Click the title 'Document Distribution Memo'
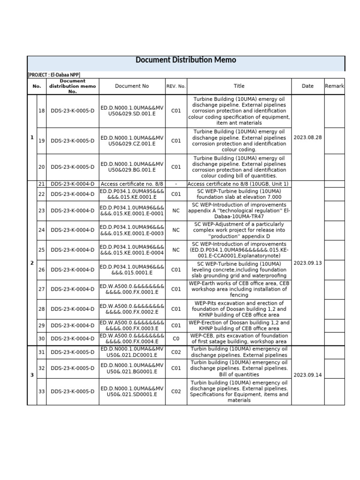click(x=186, y=60)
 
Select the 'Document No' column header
click(x=132, y=86)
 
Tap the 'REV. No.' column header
click(x=176, y=86)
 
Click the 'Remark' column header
click(x=334, y=86)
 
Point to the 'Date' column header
click(x=307, y=86)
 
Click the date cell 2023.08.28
click(x=307, y=137)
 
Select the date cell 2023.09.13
click(x=307, y=263)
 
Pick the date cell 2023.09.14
click(x=307, y=375)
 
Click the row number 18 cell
click(x=41, y=111)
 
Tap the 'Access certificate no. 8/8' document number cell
click(x=132, y=184)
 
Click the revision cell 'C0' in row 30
click(x=176, y=338)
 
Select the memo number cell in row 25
click(x=72, y=250)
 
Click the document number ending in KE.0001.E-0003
click(x=132, y=230)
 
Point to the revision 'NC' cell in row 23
click(x=176, y=210)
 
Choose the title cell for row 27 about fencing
click(x=239, y=289)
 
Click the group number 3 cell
click(x=32, y=375)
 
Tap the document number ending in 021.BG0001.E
click(x=132, y=368)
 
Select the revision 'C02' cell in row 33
click(x=176, y=391)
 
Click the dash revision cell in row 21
click(x=176, y=184)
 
